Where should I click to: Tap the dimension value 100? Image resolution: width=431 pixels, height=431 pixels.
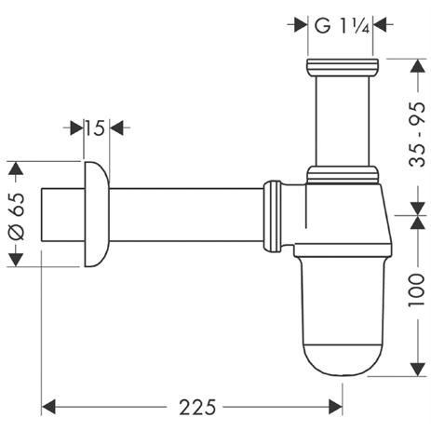pos(416,296)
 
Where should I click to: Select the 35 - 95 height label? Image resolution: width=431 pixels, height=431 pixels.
pos(416,136)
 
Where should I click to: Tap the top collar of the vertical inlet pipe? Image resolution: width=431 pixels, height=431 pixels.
pos(343,66)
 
